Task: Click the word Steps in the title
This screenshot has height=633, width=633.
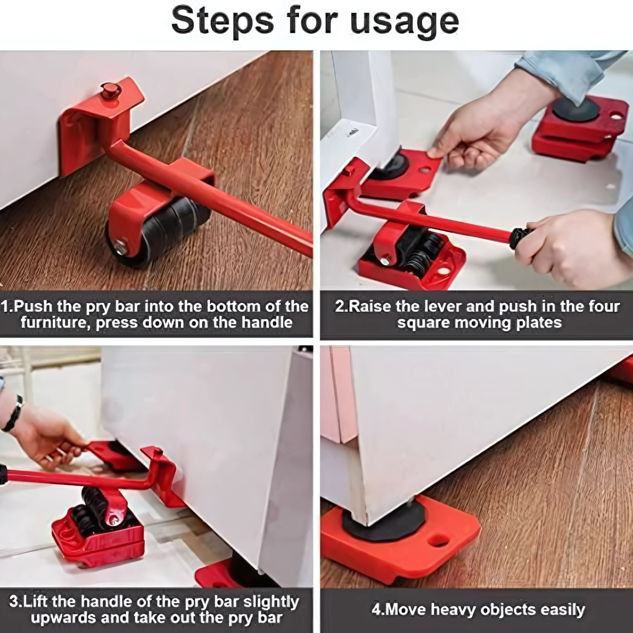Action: tap(222, 22)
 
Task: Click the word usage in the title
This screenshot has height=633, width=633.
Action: tap(404, 22)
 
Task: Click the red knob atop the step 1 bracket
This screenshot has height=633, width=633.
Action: tap(110, 90)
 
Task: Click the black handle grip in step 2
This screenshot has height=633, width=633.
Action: tap(519, 237)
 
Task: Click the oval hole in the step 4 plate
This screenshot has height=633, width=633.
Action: tap(439, 540)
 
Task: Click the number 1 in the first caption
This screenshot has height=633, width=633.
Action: tap(6, 307)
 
